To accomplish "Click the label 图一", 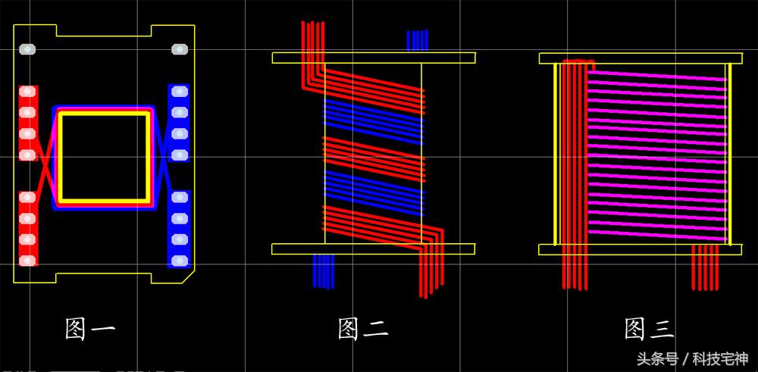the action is coord(90,329).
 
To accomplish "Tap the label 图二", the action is coord(363,329).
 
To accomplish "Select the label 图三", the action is coord(649,329).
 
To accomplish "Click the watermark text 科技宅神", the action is coord(720,359).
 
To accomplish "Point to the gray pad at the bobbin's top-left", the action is coord(27,48).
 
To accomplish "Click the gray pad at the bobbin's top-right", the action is coord(180,48).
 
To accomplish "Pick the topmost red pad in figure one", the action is coord(27,92).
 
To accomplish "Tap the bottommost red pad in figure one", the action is coord(27,261).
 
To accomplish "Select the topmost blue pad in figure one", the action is coord(180,92).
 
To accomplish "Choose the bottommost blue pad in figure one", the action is coord(180,261).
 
